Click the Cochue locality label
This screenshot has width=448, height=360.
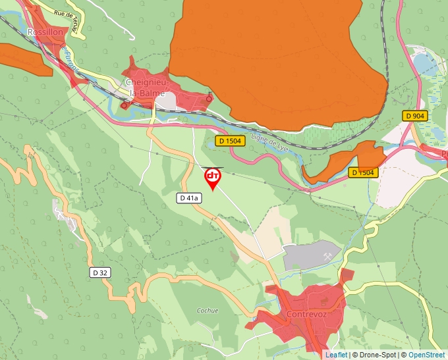coord(208,310)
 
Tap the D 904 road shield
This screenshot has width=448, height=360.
coord(416,116)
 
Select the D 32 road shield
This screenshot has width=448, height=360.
coord(99,272)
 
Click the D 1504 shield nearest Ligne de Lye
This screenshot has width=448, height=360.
coord(231,141)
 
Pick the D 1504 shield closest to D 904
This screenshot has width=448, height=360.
coord(362,172)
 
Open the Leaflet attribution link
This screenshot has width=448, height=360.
coord(336,355)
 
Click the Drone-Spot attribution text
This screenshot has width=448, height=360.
coord(375,355)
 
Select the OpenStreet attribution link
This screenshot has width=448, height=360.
coord(427,355)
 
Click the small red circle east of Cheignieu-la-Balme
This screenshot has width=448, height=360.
coord(210,99)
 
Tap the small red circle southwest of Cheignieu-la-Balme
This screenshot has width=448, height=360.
coord(124,105)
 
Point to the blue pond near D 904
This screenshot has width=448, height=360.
coord(422,64)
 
